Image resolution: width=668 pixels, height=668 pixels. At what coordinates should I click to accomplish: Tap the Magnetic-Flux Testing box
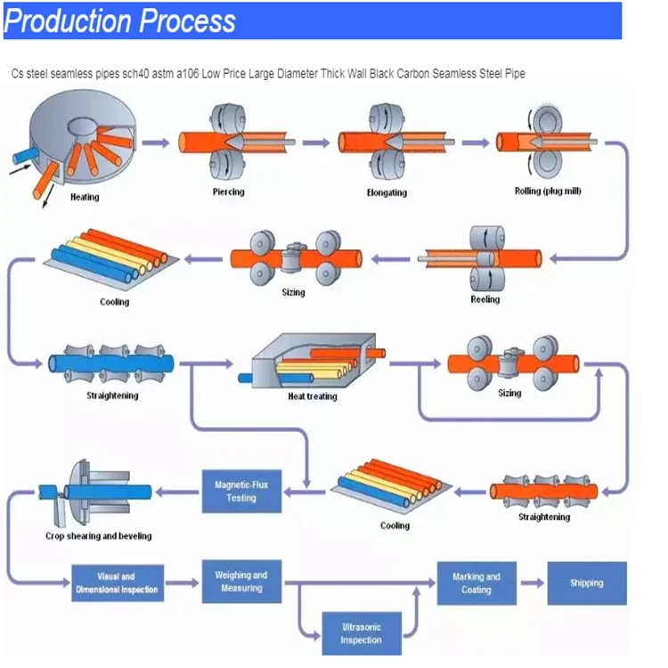coord(235,491)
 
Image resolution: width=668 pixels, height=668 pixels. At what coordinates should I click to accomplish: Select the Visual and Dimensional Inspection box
coord(117,583)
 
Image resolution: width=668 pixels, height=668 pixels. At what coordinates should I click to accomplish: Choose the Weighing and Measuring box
coord(240,582)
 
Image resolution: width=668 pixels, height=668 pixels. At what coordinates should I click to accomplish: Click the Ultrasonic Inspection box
coord(361,633)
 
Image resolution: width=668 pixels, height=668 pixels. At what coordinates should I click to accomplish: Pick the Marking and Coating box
coord(476,583)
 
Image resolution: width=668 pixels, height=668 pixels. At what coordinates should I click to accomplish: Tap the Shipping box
coord(586,583)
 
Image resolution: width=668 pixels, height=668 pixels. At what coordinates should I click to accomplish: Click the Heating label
coord(85,197)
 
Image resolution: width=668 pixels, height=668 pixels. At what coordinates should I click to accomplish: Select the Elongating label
coord(386,191)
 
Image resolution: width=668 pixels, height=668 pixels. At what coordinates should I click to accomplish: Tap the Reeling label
coord(485,299)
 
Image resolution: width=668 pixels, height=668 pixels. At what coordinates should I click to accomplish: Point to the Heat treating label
coord(312,396)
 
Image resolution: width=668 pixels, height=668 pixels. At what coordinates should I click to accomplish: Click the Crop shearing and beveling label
coord(98,536)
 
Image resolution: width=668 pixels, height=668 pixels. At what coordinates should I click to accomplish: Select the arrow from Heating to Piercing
coord(156,143)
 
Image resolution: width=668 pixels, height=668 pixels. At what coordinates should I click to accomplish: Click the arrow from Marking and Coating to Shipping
coord(532,583)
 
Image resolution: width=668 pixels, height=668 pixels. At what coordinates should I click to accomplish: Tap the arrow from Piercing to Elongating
coord(313,143)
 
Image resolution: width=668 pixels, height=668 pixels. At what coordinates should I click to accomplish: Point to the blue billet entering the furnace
coord(21,158)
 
